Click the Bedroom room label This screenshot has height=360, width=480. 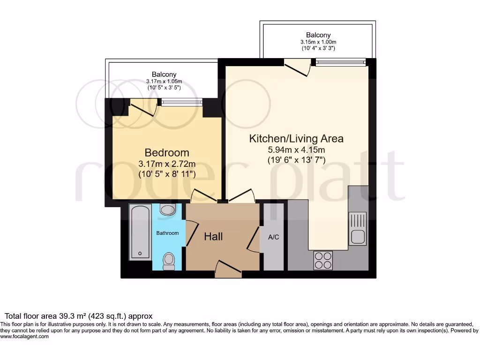coord(167,152)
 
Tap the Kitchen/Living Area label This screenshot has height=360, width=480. coord(296,138)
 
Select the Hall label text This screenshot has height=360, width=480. coord(213,237)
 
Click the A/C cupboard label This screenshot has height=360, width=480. coord(273,237)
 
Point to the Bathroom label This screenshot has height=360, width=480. coord(167,233)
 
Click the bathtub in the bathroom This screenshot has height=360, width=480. coord(140,232)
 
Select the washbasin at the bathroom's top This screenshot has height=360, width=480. coord(167,209)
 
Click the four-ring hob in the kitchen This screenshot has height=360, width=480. coord(322,260)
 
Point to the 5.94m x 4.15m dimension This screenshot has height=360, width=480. coord(296,150)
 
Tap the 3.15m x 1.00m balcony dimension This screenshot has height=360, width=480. coord(318,42)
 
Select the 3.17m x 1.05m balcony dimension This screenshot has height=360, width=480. coord(164,82)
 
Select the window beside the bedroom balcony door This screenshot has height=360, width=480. coord(182,102)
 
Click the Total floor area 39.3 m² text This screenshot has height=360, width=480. coord(78,316)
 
